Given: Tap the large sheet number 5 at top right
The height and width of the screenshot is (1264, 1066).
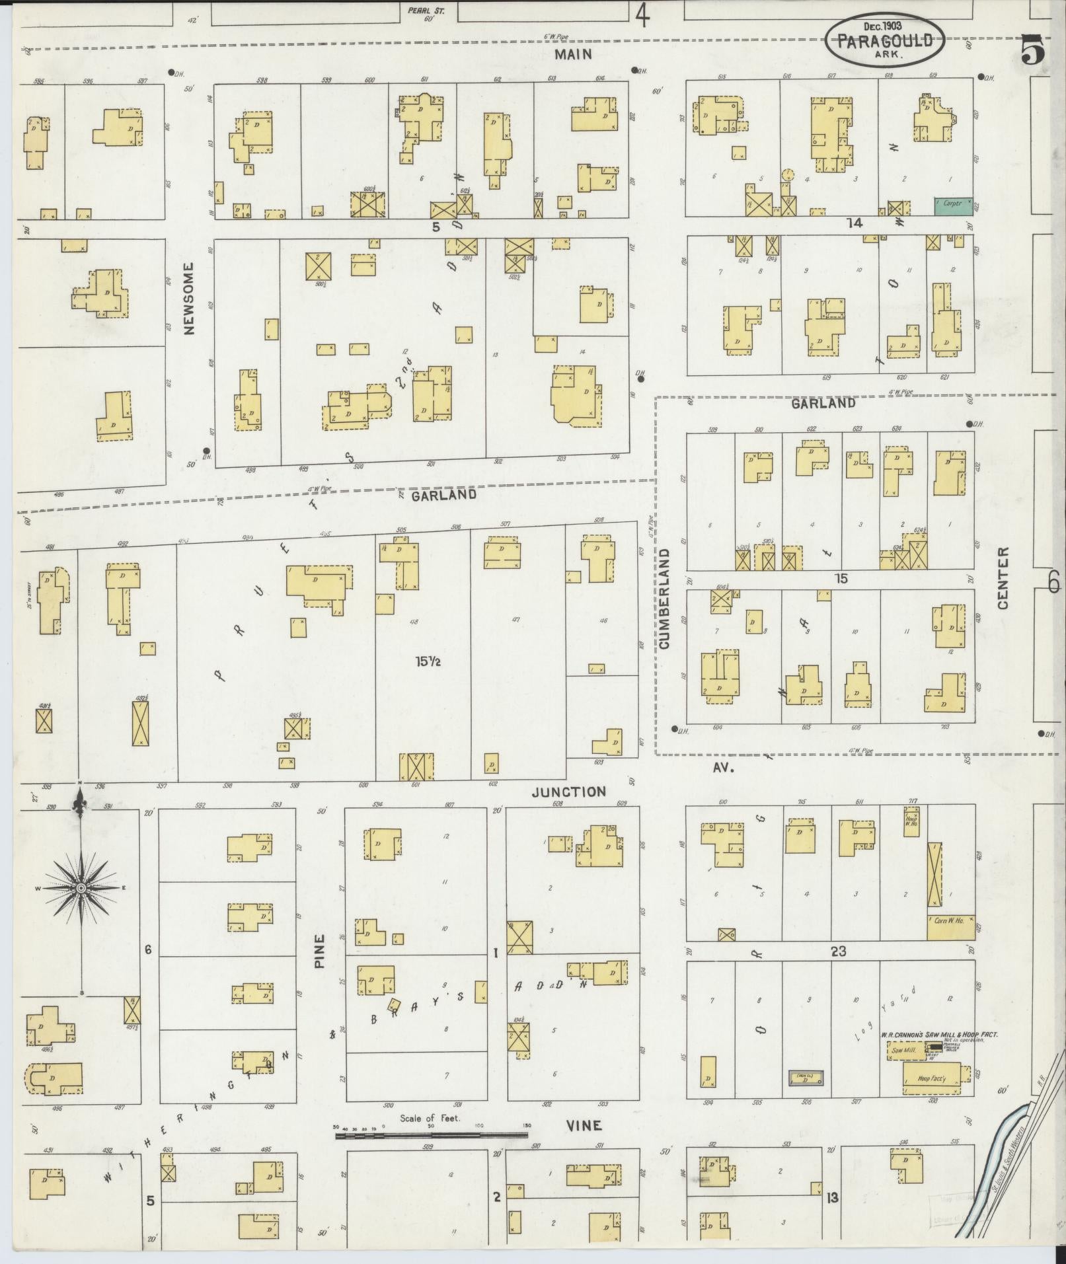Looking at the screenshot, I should click(1034, 50).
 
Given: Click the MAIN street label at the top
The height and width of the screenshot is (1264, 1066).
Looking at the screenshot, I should click(573, 54).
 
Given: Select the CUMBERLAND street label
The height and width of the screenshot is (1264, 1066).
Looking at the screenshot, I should click(664, 597).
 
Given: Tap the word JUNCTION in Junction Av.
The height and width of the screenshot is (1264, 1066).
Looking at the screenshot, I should click(569, 792).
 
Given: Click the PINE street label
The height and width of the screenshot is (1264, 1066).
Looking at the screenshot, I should click(320, 951).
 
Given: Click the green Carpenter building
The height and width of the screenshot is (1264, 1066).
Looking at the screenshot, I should click(952, 205).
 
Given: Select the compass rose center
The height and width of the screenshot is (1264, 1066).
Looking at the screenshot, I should click(81, 888).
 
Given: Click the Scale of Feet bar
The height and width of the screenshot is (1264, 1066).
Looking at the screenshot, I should click(431, 1135).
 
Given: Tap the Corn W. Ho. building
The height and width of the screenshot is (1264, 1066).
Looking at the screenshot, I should click(950, 928).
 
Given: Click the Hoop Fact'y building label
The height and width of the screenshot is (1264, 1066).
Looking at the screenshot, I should click(932, 1079).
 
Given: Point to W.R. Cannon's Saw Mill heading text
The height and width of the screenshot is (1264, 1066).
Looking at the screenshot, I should click(938, 1035).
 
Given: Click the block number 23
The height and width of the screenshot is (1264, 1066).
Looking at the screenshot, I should click(839, 951).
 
